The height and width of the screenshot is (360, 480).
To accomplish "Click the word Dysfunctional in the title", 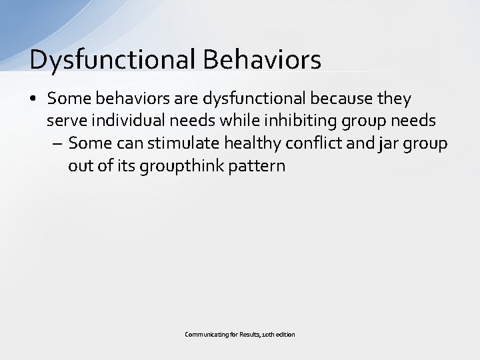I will pos(111,59).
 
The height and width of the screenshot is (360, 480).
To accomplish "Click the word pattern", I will pos(257,166).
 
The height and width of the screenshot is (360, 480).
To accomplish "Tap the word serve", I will pos(62,121).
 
